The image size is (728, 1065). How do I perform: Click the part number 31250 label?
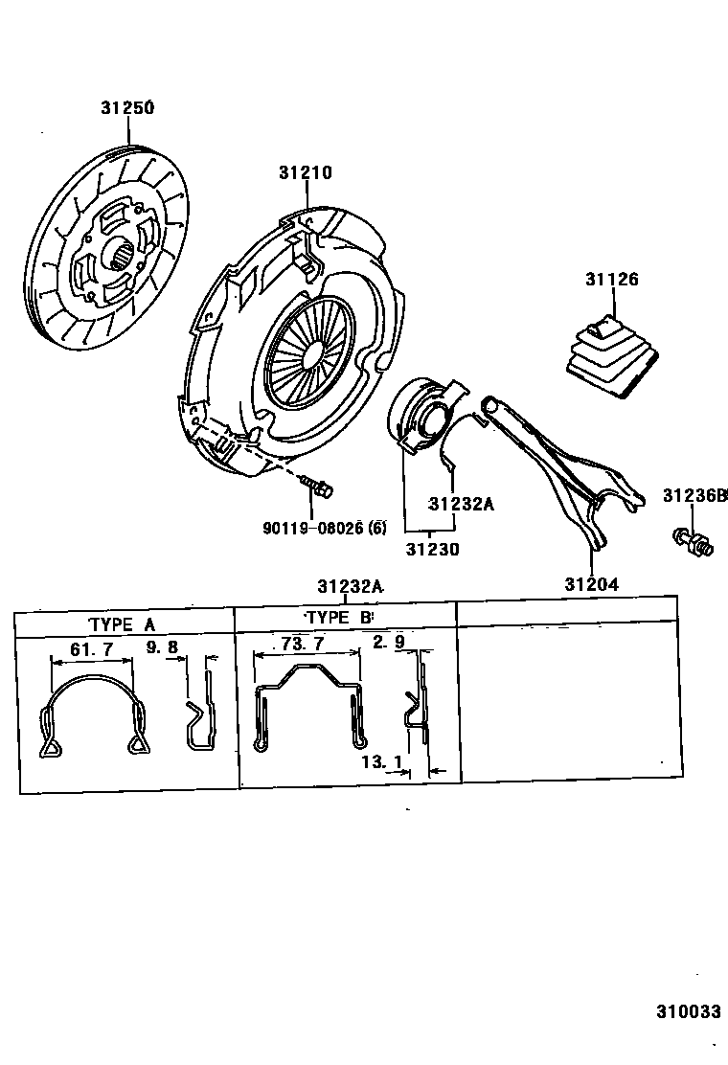coord(127,108)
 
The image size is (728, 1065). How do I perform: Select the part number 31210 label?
coord(306,173)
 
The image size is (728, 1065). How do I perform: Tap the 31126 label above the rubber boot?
coord(611,280)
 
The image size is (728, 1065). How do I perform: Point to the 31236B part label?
coord(694,495)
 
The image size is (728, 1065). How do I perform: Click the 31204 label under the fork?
coord(590,584)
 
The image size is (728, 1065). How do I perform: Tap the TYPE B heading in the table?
coord(338,618)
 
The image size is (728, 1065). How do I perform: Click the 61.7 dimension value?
coord(92,649)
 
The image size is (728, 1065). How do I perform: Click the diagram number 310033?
coord(688,1012)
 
